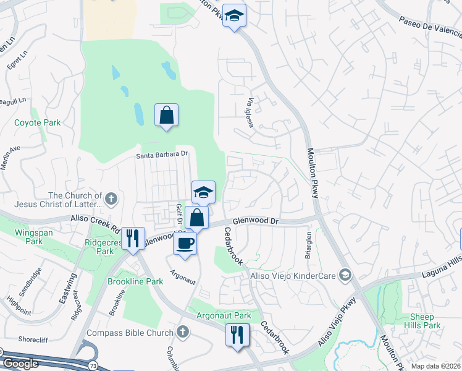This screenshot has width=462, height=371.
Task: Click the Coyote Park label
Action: [x=38, y=122]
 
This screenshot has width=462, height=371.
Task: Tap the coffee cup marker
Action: [x=185, y=242]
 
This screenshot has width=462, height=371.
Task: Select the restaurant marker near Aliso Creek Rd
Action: [x=133, y=237]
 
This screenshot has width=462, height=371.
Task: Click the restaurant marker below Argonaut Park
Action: [x=237, y=335]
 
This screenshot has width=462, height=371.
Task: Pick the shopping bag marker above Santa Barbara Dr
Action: [x=166, y=115]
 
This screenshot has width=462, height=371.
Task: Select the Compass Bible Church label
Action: [x=130, y=333]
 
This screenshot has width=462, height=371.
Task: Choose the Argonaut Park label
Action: [x=224, y=315]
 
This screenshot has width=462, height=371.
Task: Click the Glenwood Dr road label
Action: [x=256, y=221]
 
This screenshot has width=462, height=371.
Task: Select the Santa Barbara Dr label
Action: [x=162, y=155]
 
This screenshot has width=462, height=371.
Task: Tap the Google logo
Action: [x=20, y=364]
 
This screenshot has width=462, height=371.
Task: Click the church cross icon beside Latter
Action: [x=111, y=198]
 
